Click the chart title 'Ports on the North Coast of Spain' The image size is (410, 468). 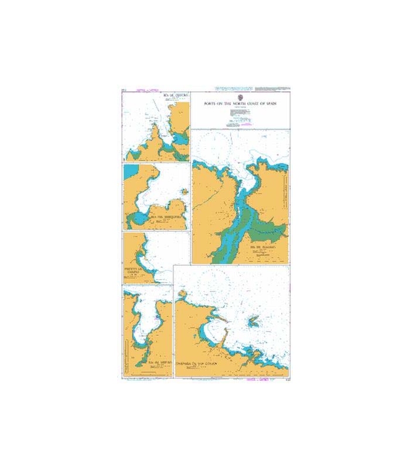[x=240, y=103]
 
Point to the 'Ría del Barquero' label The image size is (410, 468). [x=168, y=216]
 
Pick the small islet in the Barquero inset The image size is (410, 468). [x=184, y=192]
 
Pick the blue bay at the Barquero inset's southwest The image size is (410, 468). [x=138, y=219]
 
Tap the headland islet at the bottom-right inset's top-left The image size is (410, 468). [x=183, y=292]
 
